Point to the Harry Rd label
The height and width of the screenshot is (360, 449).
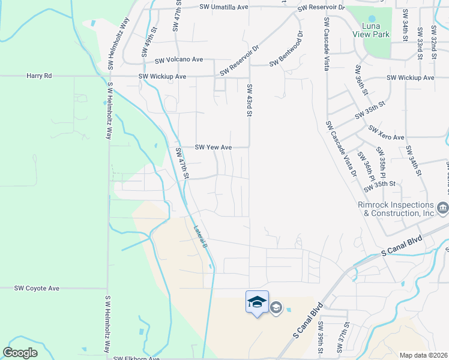(x=39, y=76)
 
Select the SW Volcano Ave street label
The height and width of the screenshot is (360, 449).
(x=179, y=60)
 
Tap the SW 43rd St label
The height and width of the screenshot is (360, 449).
(x=249, y=100)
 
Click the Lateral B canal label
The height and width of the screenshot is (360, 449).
(x=200, y=237)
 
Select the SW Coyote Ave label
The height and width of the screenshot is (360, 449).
(x=37, y=288)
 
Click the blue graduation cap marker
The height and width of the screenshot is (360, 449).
(x=257, y=301)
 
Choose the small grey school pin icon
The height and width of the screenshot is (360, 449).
(x=276, y=308)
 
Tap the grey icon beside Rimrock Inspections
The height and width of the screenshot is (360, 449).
(x=443, y=208)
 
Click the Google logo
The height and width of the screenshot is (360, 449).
(x=20, y=352)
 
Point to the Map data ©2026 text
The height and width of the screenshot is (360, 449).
(x=423, y=355)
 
